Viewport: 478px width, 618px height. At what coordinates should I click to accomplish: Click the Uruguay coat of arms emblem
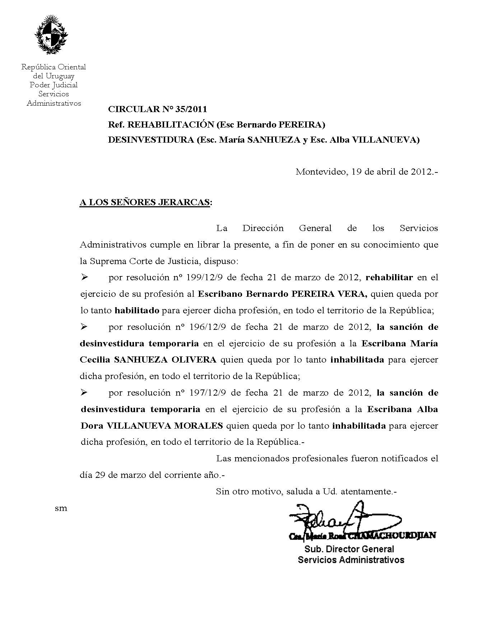(51, 35)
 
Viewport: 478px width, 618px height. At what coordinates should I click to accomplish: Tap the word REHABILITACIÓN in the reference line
(171, 125)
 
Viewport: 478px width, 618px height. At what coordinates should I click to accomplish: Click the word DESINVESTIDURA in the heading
(151, 140)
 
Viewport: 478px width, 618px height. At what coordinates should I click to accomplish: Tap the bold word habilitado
(137, 310)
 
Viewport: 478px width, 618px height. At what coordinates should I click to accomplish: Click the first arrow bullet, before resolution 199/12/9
(85, 277)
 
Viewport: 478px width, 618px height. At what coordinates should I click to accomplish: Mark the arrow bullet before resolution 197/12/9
(85, 393)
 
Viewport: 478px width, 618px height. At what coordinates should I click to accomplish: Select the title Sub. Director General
(349, 549)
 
